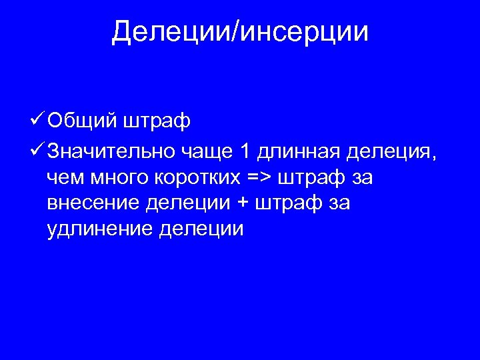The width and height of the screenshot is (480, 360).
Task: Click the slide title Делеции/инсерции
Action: tap(240, 31)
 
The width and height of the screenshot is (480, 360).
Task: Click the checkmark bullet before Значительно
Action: tap(38, 151)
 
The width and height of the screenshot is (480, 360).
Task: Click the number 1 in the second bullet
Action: tap(245, 152)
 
